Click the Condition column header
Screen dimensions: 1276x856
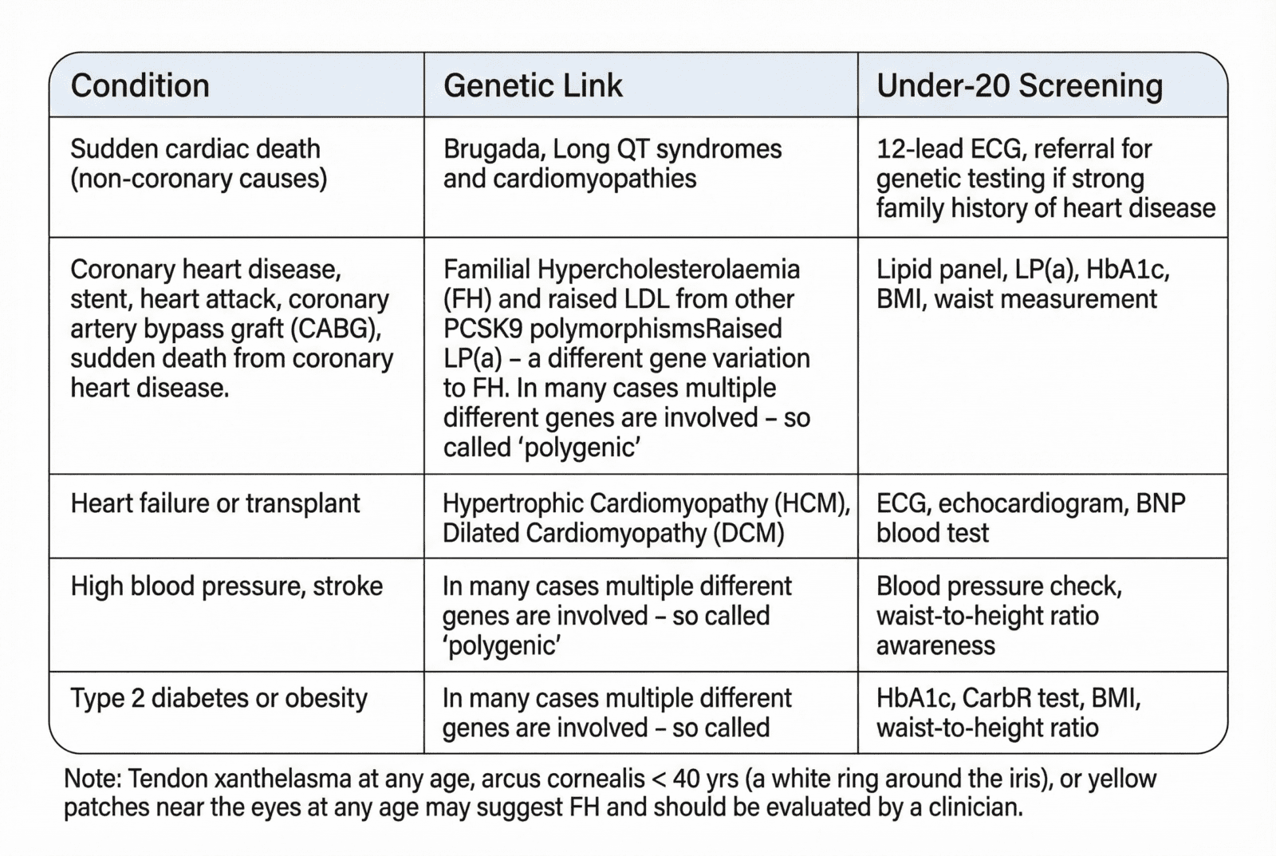(140, 86)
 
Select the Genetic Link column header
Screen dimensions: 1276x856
(533, 86)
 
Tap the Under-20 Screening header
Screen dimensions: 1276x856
(1019, 86)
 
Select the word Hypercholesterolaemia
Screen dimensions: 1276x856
(669, 270)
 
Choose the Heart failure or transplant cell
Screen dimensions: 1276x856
(215, 503)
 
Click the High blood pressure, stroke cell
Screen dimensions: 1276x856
(226, 586)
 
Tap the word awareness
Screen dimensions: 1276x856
(935, 645)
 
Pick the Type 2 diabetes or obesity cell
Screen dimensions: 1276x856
(219, 698)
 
